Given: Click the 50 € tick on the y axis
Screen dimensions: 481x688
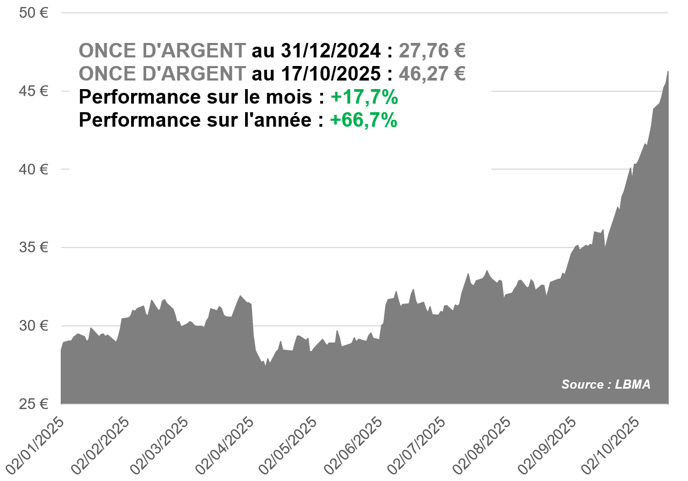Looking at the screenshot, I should tap(33, 13).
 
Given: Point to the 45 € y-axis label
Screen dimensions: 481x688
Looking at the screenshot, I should tap(33, 91).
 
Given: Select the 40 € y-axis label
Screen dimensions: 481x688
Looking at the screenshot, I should tap(33, 169).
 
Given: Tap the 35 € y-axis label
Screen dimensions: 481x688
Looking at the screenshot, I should tap(33, 247).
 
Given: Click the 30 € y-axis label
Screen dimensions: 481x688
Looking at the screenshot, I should tap(33, 326).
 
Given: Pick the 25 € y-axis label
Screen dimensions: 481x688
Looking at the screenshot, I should tap(33, 404).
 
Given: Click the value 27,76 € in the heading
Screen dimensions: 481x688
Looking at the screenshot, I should tap(432, 50).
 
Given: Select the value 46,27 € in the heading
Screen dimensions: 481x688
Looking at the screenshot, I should tap(432, 74).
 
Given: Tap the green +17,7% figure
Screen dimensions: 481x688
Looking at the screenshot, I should tap(364, 97).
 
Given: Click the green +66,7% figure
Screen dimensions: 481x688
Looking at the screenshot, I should tap(364, 120).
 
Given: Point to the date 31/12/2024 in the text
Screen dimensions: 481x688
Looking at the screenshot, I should tap(332, 50).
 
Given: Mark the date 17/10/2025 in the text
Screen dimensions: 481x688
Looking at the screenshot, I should tap(332, 74).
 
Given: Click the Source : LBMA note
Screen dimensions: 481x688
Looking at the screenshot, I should tap(606, 384).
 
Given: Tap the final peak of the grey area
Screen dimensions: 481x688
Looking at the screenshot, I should tap(668, 71).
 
